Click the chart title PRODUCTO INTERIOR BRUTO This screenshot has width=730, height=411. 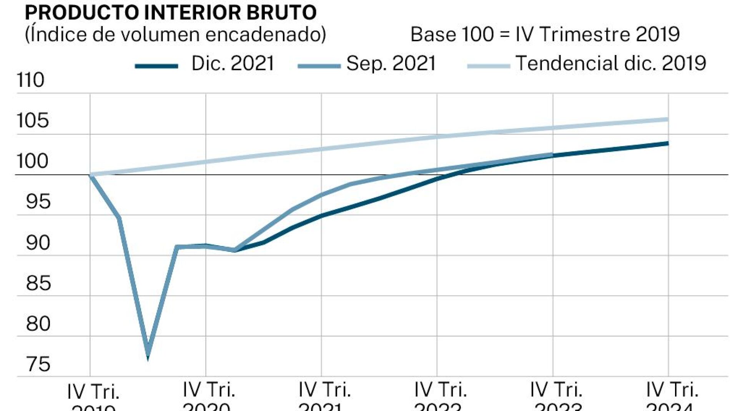coord(171,12)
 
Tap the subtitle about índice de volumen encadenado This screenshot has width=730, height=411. coord(175,35)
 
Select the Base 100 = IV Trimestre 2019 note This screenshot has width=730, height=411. coord(545,35)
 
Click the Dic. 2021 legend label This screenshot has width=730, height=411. coord(233,63)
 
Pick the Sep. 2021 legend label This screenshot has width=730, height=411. coord(391,63)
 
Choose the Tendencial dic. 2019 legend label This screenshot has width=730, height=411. coord(610,63)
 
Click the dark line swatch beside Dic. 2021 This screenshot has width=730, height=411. coord(156,66)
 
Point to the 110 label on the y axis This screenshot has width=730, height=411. coord(30,80)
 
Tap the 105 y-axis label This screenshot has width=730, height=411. coord(33,121)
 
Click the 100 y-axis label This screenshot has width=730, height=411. coord(32,161)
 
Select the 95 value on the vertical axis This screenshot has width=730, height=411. coord(38,202)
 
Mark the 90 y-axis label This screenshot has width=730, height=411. coord(38,243)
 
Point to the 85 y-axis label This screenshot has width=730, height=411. coord(38,283)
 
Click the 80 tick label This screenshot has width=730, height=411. coord(38,324)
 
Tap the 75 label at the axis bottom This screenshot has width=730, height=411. coord(38,364)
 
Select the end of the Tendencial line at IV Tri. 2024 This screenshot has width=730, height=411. coord(668,120)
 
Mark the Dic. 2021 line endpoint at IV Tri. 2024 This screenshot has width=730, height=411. coord(668,143)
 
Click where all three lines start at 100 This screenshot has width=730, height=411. coord(90,175)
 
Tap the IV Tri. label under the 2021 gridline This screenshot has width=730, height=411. coord(324,390)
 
